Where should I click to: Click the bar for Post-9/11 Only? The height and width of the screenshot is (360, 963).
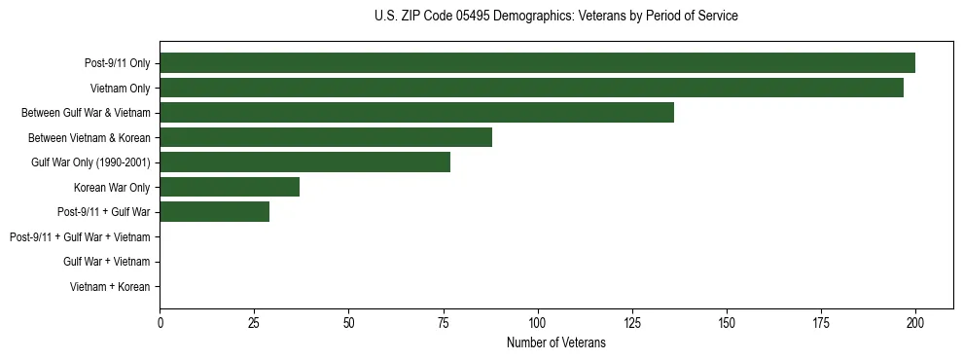point(537,63)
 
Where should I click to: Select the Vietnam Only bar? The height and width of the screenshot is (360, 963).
point(531,88)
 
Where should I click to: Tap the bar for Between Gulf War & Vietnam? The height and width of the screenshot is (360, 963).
point(416,113)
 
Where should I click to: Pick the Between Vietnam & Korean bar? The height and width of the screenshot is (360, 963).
point(326,137)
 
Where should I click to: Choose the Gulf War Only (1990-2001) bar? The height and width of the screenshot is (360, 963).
point(304,162)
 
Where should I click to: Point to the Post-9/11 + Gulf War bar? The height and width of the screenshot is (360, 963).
point(214,212)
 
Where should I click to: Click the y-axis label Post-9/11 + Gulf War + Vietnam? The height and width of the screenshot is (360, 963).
point(80,236)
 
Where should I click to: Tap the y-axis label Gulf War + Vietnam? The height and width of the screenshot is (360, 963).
point(106,262)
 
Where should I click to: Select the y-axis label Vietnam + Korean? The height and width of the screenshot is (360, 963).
point(110,287)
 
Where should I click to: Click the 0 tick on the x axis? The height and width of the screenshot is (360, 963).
point(160,322)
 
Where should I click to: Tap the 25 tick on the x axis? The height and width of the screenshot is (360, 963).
point(254,322)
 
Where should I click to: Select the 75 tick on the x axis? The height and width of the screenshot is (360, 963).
point(443,322)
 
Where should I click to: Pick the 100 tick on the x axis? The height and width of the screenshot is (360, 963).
point(537,322)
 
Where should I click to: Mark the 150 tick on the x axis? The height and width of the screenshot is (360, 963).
point(726,322)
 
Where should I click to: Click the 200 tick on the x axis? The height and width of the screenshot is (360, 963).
point(914,322)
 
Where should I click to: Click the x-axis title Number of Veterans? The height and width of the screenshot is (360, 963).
point(555,342)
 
